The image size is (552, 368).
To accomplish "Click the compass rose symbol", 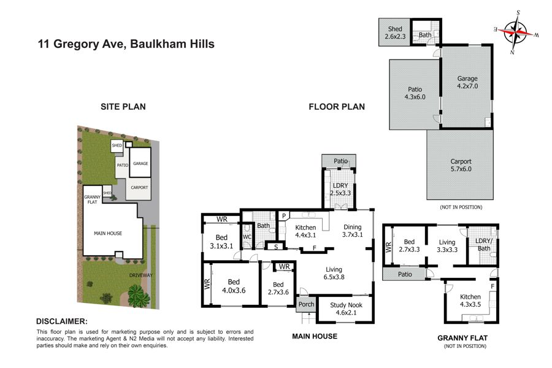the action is coord(516,32).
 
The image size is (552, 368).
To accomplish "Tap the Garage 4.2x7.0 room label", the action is coord(467,82).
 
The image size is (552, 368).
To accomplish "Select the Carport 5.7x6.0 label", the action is coord(461,165).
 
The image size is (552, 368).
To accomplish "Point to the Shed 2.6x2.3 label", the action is coord(395,33).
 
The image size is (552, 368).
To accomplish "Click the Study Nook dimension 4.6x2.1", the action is coord(346,312).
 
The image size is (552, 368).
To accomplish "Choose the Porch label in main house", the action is coord(306,304).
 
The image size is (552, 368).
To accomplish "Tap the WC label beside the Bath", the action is coord(247,237).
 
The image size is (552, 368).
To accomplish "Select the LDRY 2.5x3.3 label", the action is coord(340,189).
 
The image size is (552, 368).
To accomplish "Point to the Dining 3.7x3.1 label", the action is coord(353,231).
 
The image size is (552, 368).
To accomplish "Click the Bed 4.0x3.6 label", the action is coord(234,286).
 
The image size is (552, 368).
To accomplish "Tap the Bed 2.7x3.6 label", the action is coord(278,288).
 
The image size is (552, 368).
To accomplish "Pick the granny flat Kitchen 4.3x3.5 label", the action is coord(470,301).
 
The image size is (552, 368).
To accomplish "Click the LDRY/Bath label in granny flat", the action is coord(483,244).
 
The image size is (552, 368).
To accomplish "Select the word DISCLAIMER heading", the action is coord(61,321).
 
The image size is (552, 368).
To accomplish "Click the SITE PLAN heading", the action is coord(123,107).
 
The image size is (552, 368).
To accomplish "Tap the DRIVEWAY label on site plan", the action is coord(141,275).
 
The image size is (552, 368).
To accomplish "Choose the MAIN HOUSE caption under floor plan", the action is coord(315,336).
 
